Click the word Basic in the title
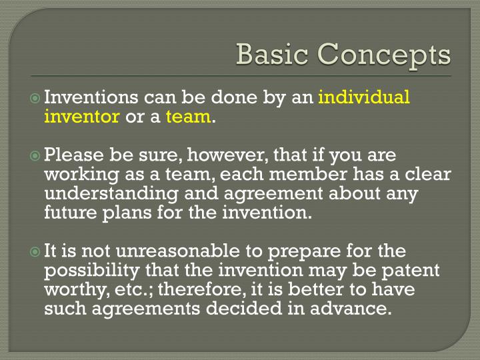pos(271,54)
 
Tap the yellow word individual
pos(364,97)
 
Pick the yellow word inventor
pos(81,117)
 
